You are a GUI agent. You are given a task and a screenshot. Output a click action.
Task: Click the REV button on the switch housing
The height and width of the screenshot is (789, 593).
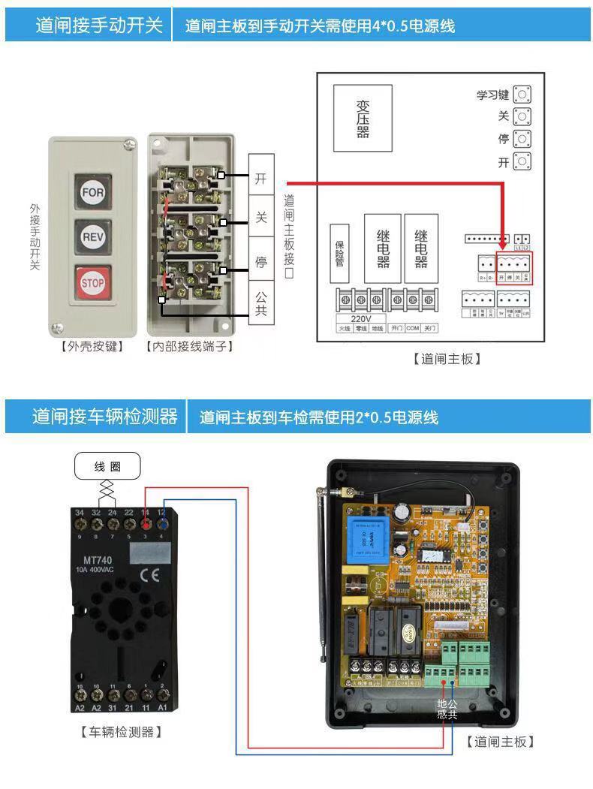[x=92, y=237]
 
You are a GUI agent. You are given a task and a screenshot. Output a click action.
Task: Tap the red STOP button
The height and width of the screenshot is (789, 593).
[x=92, y=283]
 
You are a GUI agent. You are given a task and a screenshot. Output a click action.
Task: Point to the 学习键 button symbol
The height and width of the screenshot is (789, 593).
[x=522, y=95]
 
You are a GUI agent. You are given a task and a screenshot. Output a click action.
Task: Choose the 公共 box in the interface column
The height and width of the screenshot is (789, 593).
[x=261, y=303]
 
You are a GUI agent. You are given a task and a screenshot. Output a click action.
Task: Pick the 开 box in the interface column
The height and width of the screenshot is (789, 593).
[x=261, y=178]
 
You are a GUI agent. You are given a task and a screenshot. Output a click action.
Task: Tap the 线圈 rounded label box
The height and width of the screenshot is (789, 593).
[x=107, y=466]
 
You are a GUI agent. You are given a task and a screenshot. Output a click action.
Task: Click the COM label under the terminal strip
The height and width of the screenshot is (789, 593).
[x=412, y=328]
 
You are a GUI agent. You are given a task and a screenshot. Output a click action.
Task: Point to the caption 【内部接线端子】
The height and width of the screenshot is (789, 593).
[x=190, y=346]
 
